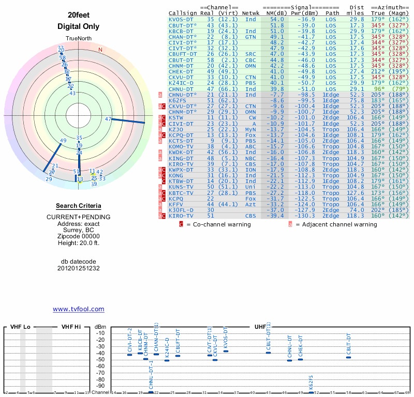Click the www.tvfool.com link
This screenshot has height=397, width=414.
[x=78, y=309]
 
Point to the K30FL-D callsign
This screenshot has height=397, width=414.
[x=181, y=210]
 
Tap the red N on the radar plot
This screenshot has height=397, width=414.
[x=100, y=50]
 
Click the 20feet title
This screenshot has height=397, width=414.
[x=78, y=15]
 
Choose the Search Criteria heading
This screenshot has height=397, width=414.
[x=78, y=206]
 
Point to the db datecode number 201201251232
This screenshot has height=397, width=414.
[x=78, y=268]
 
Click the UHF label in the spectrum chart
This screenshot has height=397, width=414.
[x=260, y=327]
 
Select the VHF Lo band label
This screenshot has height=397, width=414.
[x=20, y=327]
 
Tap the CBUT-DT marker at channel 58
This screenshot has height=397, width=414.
[x=348, y=357]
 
